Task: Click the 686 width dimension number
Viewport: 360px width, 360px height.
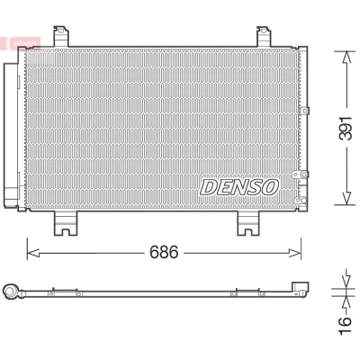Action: [x=164, y=252]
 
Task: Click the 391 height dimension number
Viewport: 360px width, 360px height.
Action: [x=345, y=128]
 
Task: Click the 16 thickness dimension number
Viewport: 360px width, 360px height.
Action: [x=346, y=325]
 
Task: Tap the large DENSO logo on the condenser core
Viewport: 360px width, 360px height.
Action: [x=239, y=187]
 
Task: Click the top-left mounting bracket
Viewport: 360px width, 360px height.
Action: [x=61, y=37]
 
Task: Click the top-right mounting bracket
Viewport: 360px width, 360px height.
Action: [x=265, y=37]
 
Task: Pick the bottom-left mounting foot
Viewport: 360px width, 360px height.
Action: [x=66, y=223]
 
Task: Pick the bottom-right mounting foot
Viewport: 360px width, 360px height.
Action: [x=248, y=223]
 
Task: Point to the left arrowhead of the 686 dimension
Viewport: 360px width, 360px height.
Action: [x=33, y=253]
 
